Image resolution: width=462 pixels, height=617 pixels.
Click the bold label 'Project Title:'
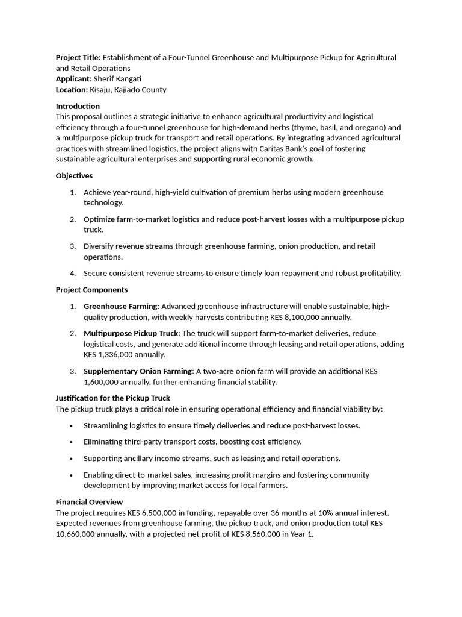(78, 57)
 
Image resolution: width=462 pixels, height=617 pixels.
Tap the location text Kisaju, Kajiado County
(128, 90)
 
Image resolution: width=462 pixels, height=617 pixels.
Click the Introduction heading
(78, 106)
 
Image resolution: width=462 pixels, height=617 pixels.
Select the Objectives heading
(74, 176)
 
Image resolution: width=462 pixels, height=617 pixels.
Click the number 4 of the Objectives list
(72, 274)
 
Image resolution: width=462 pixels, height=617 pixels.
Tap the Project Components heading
(91, 290)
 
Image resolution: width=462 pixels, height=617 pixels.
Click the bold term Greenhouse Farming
(120, 307)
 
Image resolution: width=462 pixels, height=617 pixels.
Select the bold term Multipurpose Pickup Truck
(131, 334)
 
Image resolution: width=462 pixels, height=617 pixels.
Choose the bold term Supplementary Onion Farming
(138, 372)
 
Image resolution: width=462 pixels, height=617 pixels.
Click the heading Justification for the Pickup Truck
(112, 398)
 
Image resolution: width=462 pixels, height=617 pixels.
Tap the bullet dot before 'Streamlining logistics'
(72, 426)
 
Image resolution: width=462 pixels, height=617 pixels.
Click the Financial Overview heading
(89, 502)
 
